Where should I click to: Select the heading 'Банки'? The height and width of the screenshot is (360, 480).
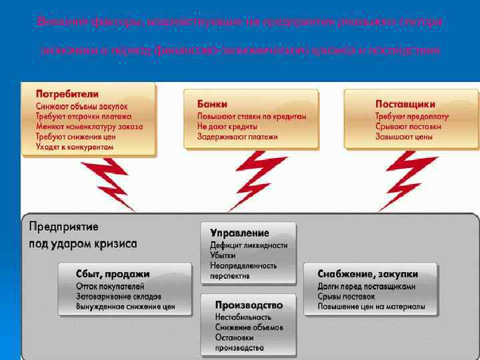(x=212, y=104)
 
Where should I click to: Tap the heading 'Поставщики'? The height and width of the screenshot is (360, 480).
(x=405, y=104)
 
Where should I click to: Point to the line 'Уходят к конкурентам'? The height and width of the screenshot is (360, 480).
(x=70, y=147)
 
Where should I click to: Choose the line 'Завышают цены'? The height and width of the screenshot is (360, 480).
(x=403, y=137)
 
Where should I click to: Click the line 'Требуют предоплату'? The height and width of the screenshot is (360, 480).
(x=411, y=116)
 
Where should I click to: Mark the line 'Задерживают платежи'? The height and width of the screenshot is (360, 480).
(x=237, y=137)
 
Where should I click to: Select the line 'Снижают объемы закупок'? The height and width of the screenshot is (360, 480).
(x=81, y=106)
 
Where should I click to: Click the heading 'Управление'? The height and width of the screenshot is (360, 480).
(x=239, y=233)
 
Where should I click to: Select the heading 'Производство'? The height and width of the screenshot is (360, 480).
(x=249, y=305)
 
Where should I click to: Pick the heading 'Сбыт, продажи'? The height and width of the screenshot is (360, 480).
(x=103, y=274)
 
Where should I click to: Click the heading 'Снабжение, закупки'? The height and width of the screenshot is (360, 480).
(x=367, y=274)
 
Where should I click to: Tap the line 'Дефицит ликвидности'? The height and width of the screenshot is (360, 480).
(x=249, y=245)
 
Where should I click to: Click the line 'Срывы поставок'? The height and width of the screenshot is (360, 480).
(x=346, y=296)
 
